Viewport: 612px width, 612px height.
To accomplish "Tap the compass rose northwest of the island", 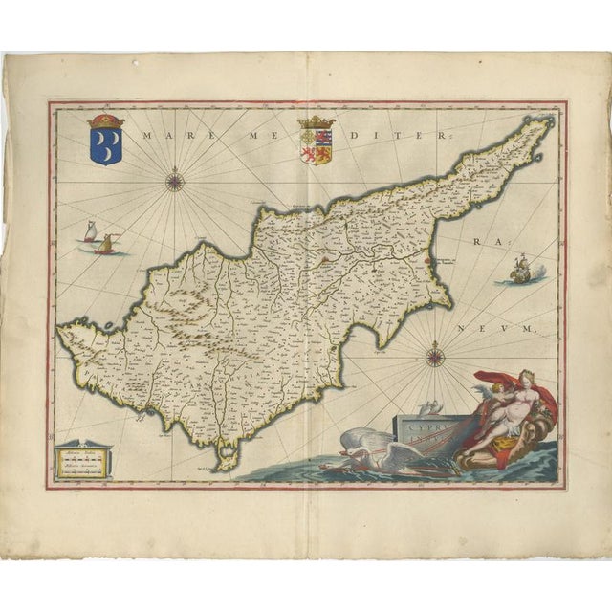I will pos(174,178).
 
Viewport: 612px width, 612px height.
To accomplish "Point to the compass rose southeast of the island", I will pos(432,358).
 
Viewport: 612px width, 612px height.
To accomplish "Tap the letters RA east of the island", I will pos(478,244).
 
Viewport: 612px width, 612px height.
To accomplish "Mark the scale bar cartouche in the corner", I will pos(81,460).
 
